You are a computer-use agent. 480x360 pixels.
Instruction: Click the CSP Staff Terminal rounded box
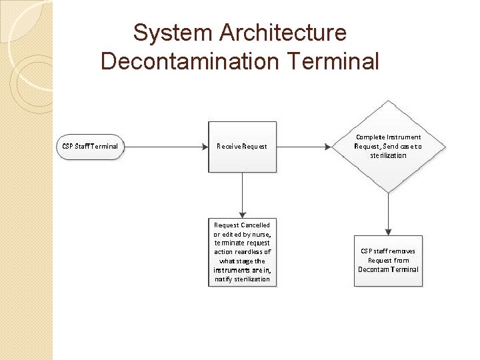(x=91, y=146)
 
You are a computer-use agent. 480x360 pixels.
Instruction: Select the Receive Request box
(x=242, y=147)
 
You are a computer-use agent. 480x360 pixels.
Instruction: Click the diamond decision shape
(x=388, y=146)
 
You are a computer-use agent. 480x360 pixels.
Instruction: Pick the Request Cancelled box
(x=242, y=252)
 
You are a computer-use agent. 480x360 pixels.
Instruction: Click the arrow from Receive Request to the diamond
(x=303, y=146)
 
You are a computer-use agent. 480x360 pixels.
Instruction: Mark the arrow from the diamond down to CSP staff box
(x=388, y=213)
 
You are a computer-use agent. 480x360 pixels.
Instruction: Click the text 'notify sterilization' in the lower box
(x=242, y=279)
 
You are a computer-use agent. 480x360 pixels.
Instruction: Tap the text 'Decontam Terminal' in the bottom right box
(x=388, y=269)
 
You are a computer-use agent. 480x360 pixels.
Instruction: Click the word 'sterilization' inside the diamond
(x=388, y=155)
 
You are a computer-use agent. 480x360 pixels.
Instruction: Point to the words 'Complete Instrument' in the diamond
(x=388, y=137)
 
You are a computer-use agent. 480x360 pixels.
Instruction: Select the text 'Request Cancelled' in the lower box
(x=242, y=225)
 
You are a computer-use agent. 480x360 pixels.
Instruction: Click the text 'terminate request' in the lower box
(x=242, y=243)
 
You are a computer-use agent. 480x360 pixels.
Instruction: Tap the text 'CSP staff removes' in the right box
(x=388, y=251)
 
